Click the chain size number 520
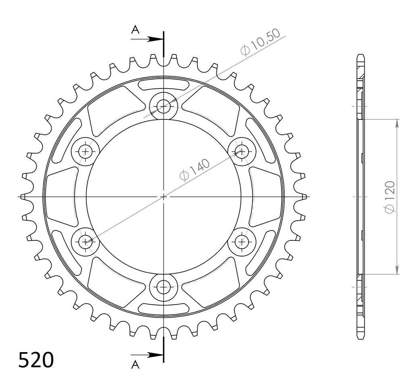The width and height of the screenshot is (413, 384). coord(36,360)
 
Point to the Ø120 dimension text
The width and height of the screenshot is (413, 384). coord(390,197)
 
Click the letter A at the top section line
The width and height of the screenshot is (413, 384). coord(136,30)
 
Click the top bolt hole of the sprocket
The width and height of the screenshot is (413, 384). coord(163,106)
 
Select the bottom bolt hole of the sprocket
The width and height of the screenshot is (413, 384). coord(163,287)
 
